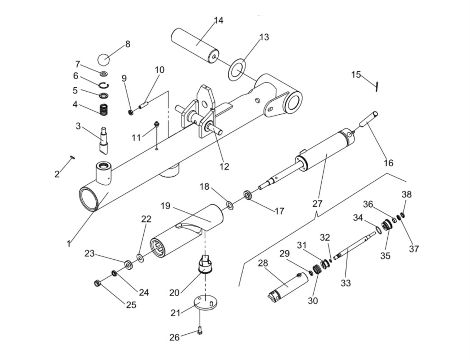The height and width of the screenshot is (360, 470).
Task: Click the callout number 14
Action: (219, 21)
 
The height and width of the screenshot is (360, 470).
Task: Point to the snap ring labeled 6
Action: (103, 85)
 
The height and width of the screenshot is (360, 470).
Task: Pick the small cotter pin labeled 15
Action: (377, 86)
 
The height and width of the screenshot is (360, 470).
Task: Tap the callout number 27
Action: (317, 204)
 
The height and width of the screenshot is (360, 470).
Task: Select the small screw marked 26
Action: (200, 331)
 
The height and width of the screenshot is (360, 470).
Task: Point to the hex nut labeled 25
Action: (97, 283)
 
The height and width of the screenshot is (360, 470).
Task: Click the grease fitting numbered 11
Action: (156, 124)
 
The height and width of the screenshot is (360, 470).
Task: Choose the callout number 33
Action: (346, 283)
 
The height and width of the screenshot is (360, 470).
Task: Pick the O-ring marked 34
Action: (378, 230)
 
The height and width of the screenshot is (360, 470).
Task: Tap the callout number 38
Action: (407, 194)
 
